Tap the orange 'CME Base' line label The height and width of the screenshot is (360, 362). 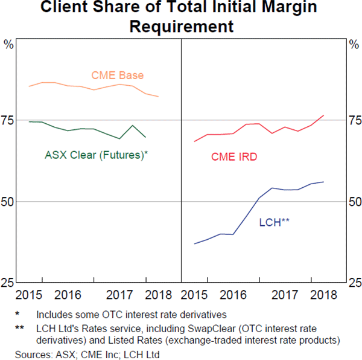(x=117, y=76)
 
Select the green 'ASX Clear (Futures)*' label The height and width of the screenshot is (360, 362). (x=97, y=155)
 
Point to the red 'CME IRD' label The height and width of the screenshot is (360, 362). (x=234, y=157)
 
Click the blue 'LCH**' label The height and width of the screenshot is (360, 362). (x=275, y=222)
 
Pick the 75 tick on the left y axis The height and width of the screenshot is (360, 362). (x=8, y=120)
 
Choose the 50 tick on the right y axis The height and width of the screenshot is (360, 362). (x=354, y=201)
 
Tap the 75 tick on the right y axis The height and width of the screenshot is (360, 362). (x=354, y=120)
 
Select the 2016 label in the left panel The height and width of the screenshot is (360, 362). (x=68, y=295)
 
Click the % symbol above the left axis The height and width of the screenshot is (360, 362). (x=8, y=44)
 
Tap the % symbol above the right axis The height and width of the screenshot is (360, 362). (x=354, y=44)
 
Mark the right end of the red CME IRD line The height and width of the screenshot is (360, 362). (x=324, y=115)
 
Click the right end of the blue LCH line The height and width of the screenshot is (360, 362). (x=324, y=182)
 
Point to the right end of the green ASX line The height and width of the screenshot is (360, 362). (x=145, y=137)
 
